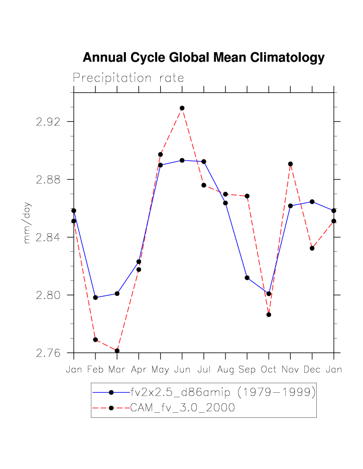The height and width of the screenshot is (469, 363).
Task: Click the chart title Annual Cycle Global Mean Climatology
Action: click(x=203, y=58)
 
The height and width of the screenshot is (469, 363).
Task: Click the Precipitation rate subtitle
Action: click(x=129, y=78)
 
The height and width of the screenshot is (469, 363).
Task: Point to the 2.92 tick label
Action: click(x=49, y=122)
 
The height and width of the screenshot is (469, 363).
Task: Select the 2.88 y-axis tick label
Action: click(x=49, y=180)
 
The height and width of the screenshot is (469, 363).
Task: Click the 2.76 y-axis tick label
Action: click(x=49, y=353)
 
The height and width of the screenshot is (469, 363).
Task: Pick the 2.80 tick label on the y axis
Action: click(x=49, y=295)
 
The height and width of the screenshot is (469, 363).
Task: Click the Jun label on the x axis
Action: click(x=182, y=370)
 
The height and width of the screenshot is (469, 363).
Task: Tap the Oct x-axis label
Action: click(x=269, y=370)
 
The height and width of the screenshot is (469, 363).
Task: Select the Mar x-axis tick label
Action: click(x=117, y=370)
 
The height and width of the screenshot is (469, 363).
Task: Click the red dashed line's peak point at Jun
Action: click(x=182, y=108)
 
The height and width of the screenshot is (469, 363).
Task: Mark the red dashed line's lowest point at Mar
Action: click(x=117, y=351)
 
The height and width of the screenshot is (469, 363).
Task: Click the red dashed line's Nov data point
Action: click(x=290, y=164)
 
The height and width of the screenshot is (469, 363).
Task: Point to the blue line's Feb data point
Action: click(x=95, y=298)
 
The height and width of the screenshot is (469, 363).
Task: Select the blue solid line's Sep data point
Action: click(x=247, y=278)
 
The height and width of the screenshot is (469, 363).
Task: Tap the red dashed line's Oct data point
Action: click(x=269, y=315)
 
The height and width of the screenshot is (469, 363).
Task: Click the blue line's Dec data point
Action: click(x=312, y=202)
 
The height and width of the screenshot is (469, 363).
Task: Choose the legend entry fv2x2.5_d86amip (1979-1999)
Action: click(x=223, y=392)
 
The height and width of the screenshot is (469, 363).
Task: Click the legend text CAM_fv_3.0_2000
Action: click(x=182, y=408)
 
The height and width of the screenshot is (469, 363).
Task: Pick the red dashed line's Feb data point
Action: click(x=95, y=340)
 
